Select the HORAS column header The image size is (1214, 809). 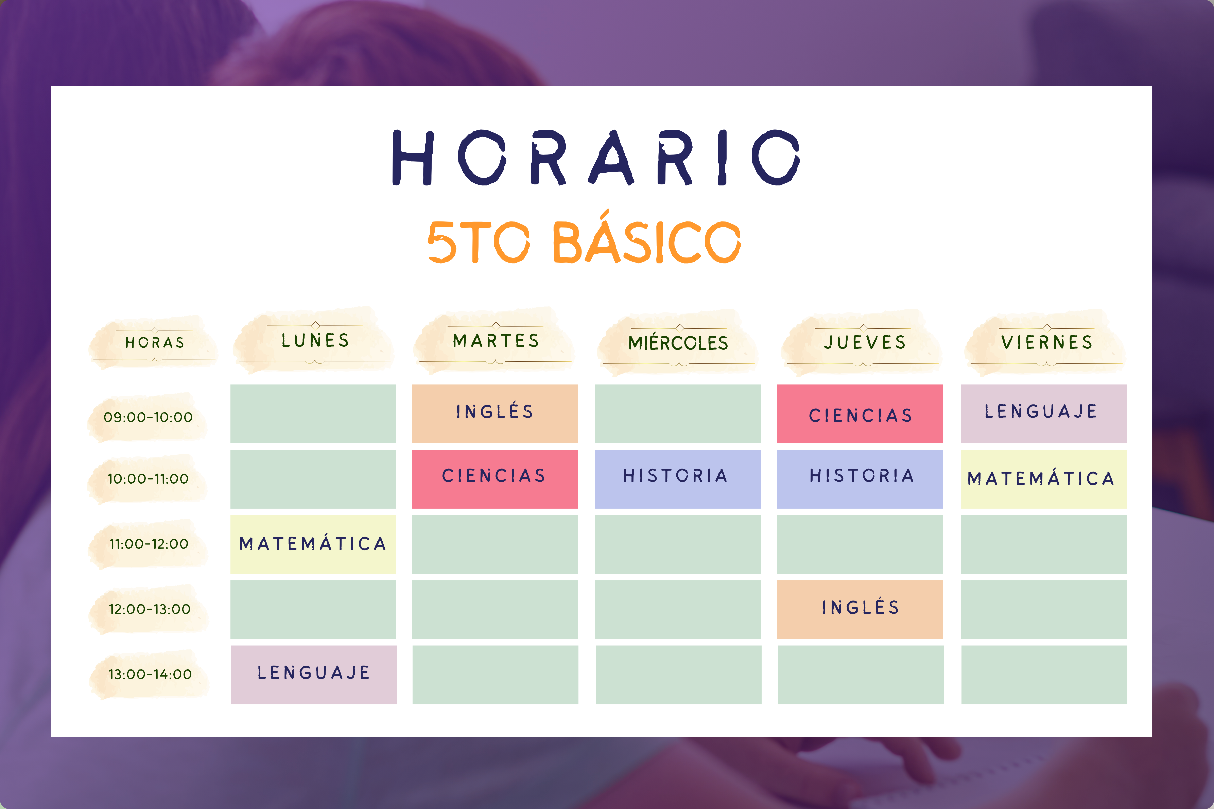tap(154, 343)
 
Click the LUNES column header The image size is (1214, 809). tap(315, 341)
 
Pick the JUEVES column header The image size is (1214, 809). tap(865, 342)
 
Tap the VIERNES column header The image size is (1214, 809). tap(1047, 342)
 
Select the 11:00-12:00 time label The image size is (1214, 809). tap(149, 544)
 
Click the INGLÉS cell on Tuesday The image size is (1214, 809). tap(495, 414)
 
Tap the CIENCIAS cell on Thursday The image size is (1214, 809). tap(860, 414)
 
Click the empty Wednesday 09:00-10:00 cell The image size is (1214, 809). tap(678, 414)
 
